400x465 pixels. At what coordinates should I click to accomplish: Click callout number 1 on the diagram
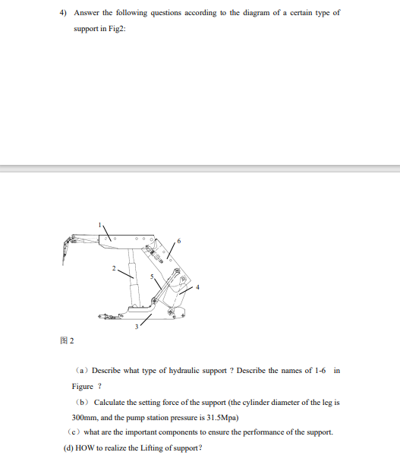point(98,224)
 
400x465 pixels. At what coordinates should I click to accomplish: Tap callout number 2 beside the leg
point(114,268)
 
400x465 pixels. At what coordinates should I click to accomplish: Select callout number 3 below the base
point(137,327)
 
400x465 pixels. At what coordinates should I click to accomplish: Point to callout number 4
point(198,286)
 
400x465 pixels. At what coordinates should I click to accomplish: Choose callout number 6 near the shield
point(179,242)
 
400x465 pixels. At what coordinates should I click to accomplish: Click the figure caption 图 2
point(68,340)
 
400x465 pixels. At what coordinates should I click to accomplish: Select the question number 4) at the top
point(64,13)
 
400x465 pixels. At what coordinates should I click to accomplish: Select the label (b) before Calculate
point(83,401)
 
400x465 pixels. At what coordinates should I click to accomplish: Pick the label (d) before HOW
point(68,447)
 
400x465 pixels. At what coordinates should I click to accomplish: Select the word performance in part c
point(272,432)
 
